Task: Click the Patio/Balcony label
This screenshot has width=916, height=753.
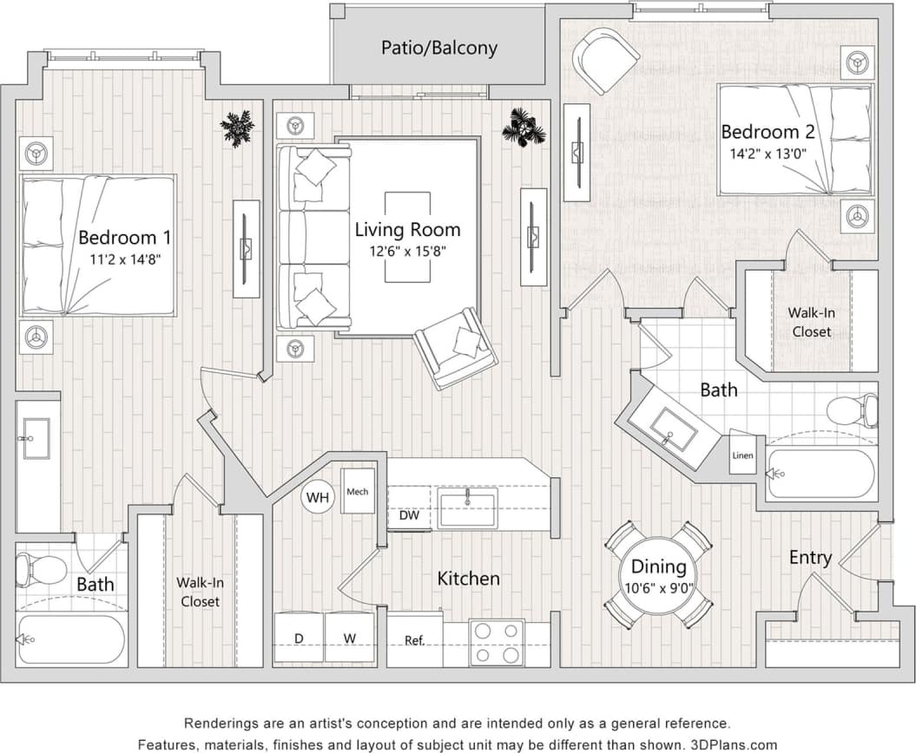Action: (438, 47)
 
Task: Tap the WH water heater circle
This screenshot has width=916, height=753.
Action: (318, 498)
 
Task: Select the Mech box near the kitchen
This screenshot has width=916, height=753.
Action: (357, 492)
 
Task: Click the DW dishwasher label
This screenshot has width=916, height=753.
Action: (409, 515)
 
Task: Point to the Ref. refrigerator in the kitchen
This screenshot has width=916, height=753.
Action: (414, 640)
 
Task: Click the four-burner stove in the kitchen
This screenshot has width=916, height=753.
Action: (497, 642)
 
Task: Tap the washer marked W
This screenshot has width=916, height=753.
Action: (350, 639)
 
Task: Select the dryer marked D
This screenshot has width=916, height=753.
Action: (299, 639)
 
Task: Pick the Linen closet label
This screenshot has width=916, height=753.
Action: (742, 456)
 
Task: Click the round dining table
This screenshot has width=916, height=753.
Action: (658, 574)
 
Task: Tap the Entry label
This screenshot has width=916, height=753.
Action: (809, 558)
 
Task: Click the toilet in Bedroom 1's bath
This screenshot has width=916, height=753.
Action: (40, 569)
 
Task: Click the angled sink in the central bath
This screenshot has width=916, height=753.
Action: (674, 429)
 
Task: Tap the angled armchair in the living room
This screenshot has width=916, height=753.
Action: (455, 348)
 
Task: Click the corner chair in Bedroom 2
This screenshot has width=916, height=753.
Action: (605, 60)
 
